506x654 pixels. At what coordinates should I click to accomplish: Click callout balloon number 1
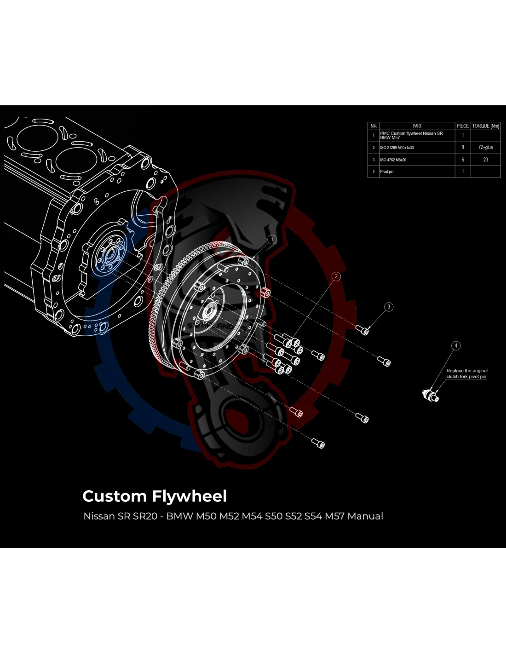(272, 239)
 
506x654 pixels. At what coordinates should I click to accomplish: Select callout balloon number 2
(336, 276)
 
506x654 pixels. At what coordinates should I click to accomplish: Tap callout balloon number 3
(389, 307)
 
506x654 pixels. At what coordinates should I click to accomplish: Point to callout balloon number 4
(456, 345)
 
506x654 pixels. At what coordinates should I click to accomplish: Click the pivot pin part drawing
(431, 395)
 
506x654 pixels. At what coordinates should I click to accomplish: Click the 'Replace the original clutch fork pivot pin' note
(466, 373)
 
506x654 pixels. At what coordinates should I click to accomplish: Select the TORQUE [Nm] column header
(485, 126)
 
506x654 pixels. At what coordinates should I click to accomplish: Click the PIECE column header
(462, 126)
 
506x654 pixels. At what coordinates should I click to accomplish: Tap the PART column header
(417, 126)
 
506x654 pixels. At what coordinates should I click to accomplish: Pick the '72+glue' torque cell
(485, 148)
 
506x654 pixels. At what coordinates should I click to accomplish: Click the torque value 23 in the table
(485, 160)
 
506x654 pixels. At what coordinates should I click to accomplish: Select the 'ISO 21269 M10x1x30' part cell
(397, 148)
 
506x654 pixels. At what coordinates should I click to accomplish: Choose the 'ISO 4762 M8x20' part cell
(393, 160)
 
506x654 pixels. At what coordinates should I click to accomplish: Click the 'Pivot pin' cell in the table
(387, 172)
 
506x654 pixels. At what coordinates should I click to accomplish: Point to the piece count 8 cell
(463, 148)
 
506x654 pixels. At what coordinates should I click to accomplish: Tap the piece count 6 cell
(463, 160)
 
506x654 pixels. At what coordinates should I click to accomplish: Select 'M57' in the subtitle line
(334, 516)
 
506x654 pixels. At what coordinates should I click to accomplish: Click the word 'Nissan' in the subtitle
(99, 516)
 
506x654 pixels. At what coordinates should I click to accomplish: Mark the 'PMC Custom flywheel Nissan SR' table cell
(412, 136)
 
